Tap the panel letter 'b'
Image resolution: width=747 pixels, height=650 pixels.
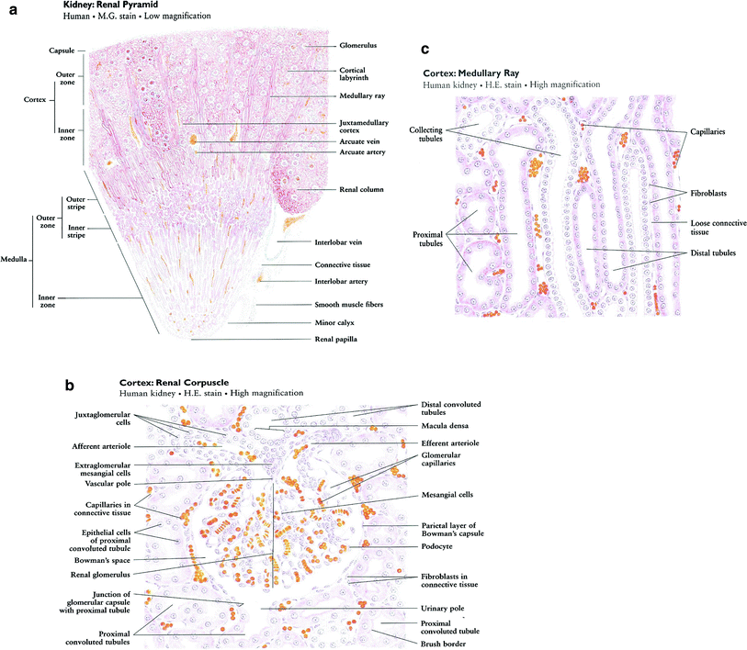click(x=70, y=385)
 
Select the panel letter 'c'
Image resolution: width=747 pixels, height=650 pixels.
click(x=424, y=51)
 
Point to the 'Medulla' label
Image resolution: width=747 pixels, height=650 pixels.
click(x=15, y=258)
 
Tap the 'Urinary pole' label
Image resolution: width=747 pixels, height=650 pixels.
click(x=443, y=608)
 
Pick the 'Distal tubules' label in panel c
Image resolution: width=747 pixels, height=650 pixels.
click(x=709, y=252)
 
